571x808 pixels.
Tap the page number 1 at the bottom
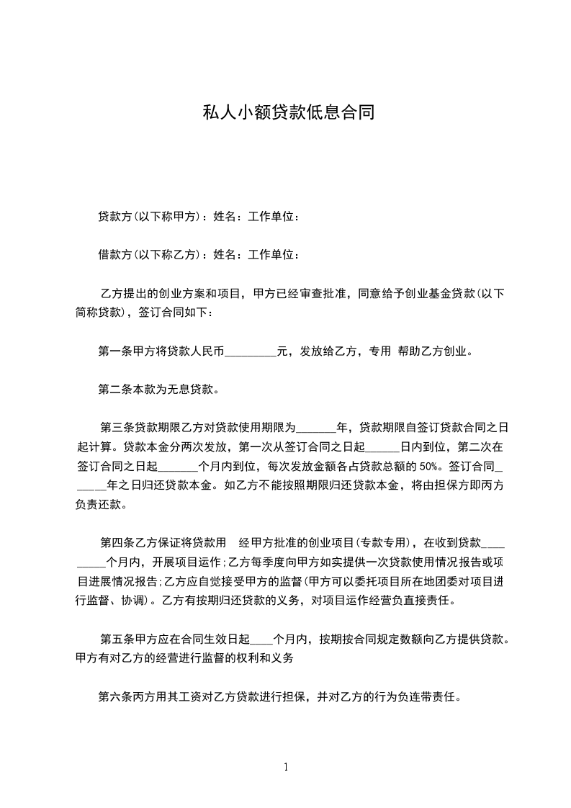coord(286,767)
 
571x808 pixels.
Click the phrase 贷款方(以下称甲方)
coord(148,217)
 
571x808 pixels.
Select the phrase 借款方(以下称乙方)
coord(148,254)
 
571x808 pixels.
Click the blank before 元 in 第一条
coord(251,352)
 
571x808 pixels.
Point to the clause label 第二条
coord(114,390)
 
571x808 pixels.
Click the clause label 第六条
coord(114,697)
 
